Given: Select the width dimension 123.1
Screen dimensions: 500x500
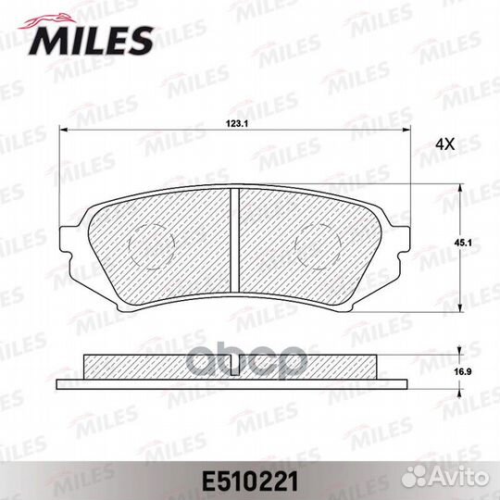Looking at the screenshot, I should click(x=239, y=121).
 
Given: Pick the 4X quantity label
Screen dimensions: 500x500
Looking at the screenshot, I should click(x=445, y=145).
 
